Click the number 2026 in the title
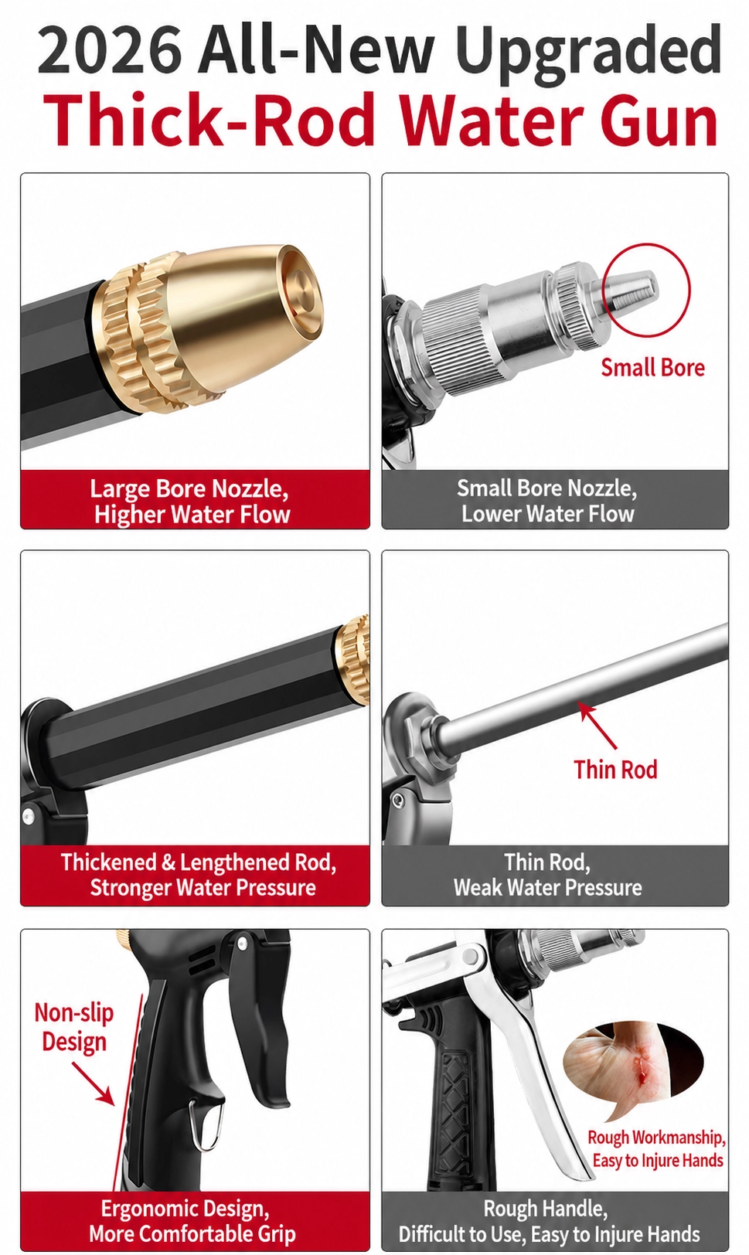[110, 49]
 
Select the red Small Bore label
[652, 368]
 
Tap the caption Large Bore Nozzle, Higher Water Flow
[190, 502]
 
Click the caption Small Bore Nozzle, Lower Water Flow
[547, 501]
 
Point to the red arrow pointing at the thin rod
[597, 726]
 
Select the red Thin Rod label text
[615, 769]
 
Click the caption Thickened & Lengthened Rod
[199, 862]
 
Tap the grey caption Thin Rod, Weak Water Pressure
[547, 875]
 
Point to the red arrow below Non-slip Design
[94, 1083]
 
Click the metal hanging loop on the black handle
[203, 1122]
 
